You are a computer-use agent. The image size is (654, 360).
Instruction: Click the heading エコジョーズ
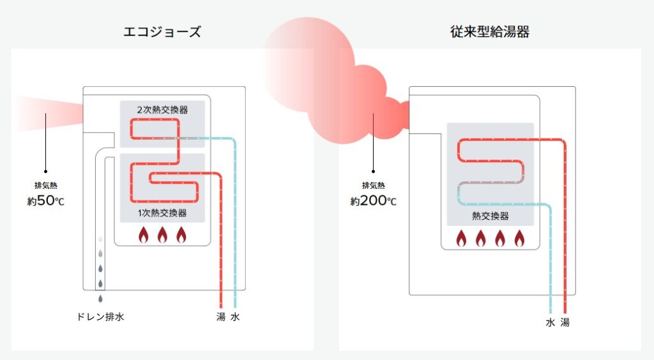tap(162, 32)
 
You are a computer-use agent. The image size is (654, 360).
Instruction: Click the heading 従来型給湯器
tap(489, 32)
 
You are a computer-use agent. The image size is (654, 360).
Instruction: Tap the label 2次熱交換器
tap(162, 109)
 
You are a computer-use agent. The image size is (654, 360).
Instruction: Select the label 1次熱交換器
tap(162, 213)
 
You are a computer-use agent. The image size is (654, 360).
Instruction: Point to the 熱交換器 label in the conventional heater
tap(490, 216)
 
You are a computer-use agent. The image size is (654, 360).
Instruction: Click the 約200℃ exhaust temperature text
tap(373, 202)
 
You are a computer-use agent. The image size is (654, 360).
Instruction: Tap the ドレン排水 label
tap(100, 317)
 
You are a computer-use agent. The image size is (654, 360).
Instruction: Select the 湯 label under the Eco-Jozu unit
tap(221, 317)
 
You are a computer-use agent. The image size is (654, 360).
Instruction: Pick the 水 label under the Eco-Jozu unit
tap(236, 317)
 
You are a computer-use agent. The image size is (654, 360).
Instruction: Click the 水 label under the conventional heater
tap(550, 322)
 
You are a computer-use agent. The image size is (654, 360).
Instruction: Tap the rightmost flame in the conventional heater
tap(519, 238)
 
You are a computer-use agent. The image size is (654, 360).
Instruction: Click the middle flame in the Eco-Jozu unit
tap(162, 235)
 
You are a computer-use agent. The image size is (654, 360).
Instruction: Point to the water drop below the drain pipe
tap(100, 298)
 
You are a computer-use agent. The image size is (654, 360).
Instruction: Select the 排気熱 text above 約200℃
tap(373, 186)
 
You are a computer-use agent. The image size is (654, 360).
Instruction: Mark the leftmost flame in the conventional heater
tap(461, 238)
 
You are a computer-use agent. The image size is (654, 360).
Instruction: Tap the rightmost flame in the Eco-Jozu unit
tap(181, 235)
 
